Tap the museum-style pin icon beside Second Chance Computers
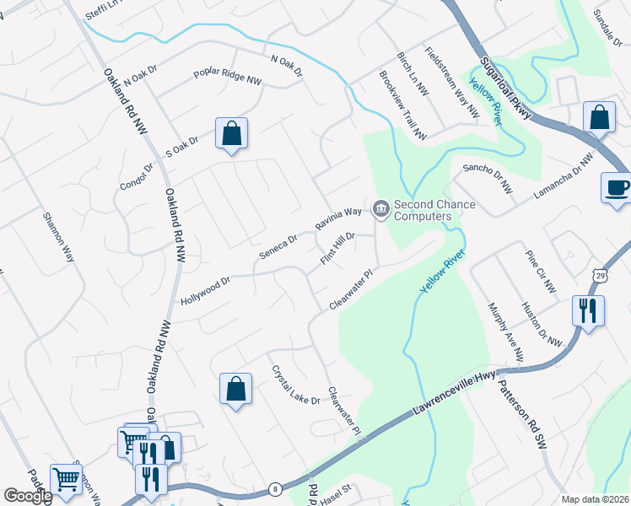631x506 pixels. pos(380,207)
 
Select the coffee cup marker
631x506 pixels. pos(616,187)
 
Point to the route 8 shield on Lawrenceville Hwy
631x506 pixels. pos(275,488)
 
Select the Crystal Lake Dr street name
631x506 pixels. pos(295,385)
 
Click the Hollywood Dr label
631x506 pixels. pos(205,290)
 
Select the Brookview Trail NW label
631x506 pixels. pos(402,105)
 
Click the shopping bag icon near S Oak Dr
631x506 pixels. pos(231,133)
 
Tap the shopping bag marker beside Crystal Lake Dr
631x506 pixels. pos(236,389)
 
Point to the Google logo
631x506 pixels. pos(27,496)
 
